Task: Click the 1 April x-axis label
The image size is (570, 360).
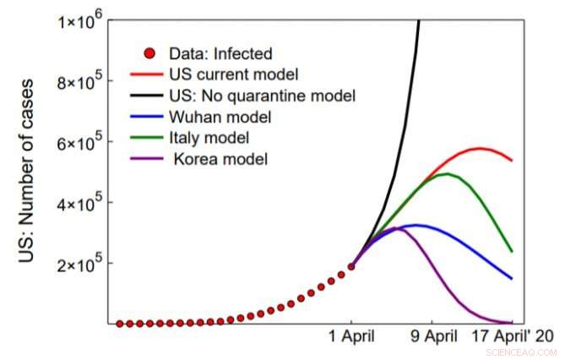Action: (x=352, y=335)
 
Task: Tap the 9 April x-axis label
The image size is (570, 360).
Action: (x=434, y=335)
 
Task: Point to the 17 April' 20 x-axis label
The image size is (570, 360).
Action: (x=512, y=335)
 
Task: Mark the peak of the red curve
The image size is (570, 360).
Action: (x=480, y=149)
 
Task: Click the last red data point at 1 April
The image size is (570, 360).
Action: (x=351, y=266)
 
